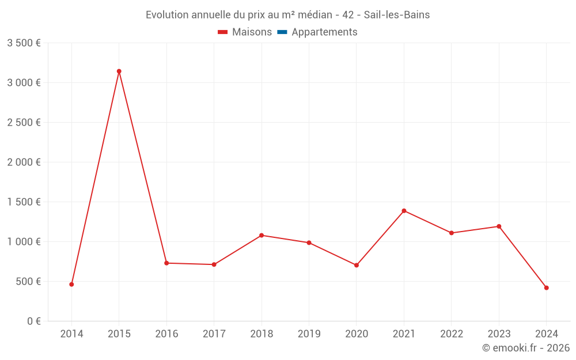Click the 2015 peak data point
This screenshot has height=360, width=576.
(119, 71)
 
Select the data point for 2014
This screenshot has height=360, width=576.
(71, 284)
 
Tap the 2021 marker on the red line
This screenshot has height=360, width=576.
(404, 211)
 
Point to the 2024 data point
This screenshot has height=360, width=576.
(546, 287)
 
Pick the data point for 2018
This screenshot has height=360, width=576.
(262, 235)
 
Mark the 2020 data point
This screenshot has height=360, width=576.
(357, 265)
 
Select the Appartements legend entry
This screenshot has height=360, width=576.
(324, 32)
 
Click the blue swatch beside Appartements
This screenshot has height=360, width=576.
(282, 32)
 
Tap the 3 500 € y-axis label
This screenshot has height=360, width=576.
(24, 43)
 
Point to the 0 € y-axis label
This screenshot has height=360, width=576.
(33, 321)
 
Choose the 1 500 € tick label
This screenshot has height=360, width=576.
(24, 202)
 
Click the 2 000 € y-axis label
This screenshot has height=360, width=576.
(24, 162)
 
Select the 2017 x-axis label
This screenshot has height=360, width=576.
(214, 334)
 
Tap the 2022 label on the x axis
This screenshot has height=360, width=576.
(451, 334)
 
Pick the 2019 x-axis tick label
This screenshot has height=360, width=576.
(309, 334)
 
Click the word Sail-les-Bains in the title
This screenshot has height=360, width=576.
(397, 15)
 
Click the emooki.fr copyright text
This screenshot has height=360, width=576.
(525, 348)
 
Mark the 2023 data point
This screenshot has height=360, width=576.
(499, 226)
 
